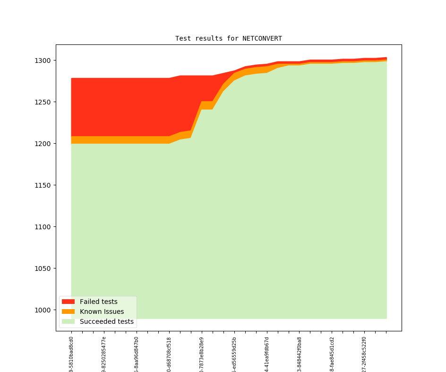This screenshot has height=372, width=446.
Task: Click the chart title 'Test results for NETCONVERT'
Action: pos(229,39)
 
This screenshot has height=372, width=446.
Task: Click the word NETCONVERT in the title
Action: pos(262,39)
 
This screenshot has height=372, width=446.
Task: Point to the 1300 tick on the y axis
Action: pos(43,61)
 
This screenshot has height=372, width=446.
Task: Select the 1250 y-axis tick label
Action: pos(43,102)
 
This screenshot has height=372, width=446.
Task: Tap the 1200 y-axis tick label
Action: pos(43,144)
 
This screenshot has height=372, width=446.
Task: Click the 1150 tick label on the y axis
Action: pos(43,185)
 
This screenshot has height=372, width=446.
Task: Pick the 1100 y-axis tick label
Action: pos(43,227)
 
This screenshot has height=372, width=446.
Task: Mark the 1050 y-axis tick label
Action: pos(43,268)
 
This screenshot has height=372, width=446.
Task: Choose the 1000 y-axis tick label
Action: pos(43,310)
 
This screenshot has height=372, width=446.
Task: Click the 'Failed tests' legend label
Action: pos(98,302)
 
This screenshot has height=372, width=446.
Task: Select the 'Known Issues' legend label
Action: pos(102,312)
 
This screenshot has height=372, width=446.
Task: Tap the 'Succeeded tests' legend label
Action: pos(106,322)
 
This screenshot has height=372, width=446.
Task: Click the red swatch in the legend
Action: pos(68,302)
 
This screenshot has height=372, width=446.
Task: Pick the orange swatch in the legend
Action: pos(68,312)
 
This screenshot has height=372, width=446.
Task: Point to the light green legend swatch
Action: pos(68,322)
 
